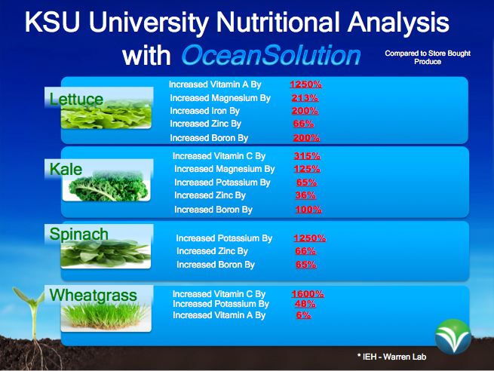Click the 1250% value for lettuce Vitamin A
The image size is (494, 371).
tap(305, 84)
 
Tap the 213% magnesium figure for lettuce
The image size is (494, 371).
tap(305, 98)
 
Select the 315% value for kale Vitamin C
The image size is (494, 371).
tap(307, 156)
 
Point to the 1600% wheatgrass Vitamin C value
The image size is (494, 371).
tap(308, 294)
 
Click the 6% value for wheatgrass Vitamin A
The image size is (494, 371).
tap(303, 315)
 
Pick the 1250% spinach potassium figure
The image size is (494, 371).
tap(310, 238)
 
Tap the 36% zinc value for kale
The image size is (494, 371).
tap(305, 195)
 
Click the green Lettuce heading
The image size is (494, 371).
tap(76, 100)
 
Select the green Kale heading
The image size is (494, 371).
tap(66, 169)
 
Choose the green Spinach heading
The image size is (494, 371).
tap(78, 234)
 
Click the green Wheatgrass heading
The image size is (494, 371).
tap(94, 296)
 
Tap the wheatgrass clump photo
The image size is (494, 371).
tap(106, 315)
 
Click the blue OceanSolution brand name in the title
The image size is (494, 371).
tap(271, 56)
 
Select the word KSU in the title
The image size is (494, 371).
tap(52, 22)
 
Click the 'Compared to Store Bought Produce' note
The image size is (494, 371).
tap(428, 57)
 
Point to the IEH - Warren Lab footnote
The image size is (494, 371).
tap(391, 357)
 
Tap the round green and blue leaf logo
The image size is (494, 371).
tap(453, 337)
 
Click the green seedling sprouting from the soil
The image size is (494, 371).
tap(32, 315)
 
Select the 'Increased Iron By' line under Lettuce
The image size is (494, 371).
tap(205, 111)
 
